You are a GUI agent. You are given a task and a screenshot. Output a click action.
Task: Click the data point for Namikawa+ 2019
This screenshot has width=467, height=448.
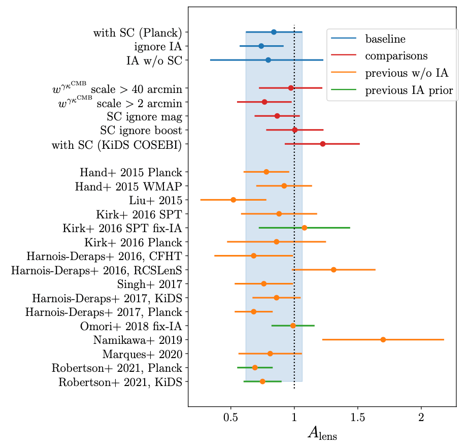pyautogui.click(x=383, y=339)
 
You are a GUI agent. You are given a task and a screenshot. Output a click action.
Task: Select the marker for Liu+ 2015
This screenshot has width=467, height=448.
pyautogui.click(x=233, y=200)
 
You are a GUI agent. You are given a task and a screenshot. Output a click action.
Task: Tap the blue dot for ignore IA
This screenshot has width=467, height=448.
pyautogui.click(x=261, y=46)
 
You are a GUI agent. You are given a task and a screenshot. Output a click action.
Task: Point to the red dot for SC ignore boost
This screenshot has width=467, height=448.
pyautogui.click(x=295, y=130)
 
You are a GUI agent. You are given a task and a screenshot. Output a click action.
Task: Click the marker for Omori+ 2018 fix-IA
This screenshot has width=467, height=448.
pyautogui.click(x=293, y=325)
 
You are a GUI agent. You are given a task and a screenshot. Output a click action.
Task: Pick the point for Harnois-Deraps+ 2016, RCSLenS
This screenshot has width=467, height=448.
pyautogui.click(x=333, y=269)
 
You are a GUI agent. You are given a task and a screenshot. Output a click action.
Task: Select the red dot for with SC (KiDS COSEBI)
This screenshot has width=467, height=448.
pyautogui.click(x=323, y=144)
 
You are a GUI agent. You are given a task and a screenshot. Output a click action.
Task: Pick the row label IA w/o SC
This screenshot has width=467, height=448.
pyautogui.click(x=154, y=60)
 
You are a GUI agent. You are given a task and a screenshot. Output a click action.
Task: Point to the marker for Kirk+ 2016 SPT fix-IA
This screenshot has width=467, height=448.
pyautogui.click(x=305, y=228)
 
